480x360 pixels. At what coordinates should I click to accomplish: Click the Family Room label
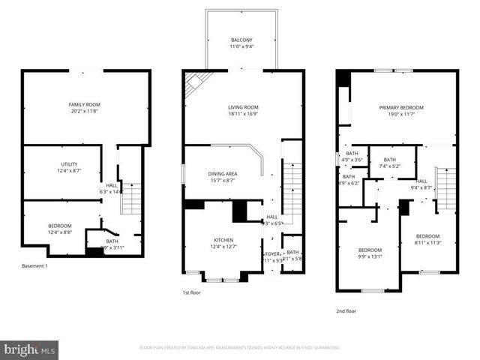click(x=84, y=108)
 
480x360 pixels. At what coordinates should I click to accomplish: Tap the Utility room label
click(x=69, y=168)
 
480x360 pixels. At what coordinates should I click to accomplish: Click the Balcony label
click(x=242, y=43)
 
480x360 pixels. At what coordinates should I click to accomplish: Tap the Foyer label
click(x=271, y=257)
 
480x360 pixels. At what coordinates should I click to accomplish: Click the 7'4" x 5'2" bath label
click(x=388, y=163)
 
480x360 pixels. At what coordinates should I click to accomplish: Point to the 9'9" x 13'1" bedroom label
click(x=370, y=253)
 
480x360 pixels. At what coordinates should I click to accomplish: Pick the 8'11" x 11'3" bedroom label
click(x=427, y=239)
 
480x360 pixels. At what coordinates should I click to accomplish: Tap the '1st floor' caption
click(x=192, y=292)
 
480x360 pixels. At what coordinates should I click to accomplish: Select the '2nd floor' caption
click(x=346, y=310)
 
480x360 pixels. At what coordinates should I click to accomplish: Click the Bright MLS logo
click(x=30, y=349)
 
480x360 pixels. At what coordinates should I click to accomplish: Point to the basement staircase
click(x=130, y=198)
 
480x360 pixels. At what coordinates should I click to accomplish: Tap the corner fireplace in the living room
click(x=197, y=80)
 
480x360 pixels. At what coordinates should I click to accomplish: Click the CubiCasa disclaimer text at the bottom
click(x=239, y=348)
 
